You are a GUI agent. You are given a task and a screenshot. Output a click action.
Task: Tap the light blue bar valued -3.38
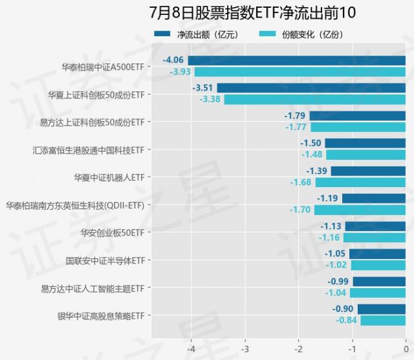click(314, 99)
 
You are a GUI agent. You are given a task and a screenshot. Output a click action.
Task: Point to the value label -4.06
click(174, 60)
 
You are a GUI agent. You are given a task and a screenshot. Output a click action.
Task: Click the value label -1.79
click(296, 116)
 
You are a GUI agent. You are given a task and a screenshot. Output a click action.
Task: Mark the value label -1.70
click(300, 210)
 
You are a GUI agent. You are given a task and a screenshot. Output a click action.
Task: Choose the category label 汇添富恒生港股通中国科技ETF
click(88, 150)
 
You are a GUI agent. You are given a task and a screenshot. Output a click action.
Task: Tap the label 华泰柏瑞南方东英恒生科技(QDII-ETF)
click(75, 205)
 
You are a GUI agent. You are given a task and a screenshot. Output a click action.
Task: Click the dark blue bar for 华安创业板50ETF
click(375, 226)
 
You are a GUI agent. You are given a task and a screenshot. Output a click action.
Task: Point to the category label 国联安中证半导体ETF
click(105, 260)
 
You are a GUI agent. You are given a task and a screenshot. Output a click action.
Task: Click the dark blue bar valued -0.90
click(381, 309)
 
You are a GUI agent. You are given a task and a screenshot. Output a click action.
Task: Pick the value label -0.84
click(347, 320)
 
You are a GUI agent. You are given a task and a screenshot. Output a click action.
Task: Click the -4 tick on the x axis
click(191, 345)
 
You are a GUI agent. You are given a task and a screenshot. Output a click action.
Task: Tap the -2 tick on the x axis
click(298, 345)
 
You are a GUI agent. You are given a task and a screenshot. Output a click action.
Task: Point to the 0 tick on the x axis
click(406, 345)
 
